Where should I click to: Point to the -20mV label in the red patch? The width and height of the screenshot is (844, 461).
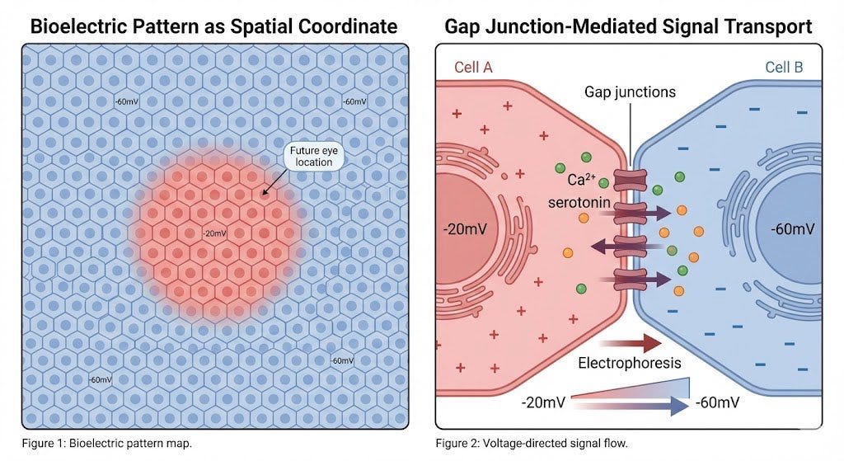(x=214, y=233)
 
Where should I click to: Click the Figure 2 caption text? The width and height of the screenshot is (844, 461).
(x=532, y=444)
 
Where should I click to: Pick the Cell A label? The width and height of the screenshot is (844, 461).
(x=473, y=67)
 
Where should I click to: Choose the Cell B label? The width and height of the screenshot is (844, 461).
(x=783, y=67)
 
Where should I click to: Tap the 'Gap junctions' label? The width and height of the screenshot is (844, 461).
(x=630, y=92)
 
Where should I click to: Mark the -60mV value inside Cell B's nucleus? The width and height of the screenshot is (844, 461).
(x=792, y=228)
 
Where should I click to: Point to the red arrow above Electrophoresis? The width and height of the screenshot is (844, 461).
(x=631, y=342)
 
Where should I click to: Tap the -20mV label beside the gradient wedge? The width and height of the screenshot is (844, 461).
(x=543, y=402)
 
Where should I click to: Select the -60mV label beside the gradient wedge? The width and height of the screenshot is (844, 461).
(x=716, y=402)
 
